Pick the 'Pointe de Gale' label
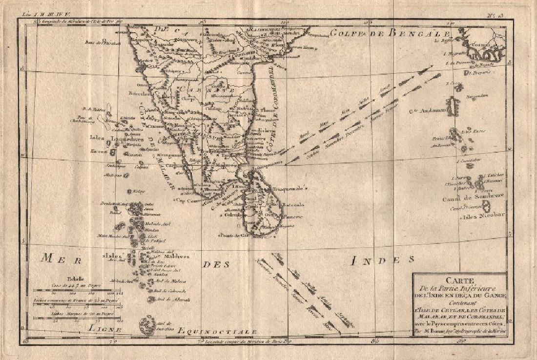click(x=231, y=236)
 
